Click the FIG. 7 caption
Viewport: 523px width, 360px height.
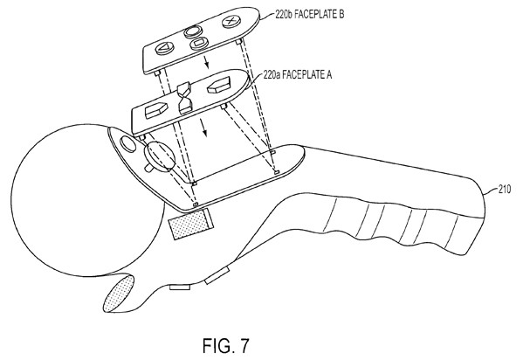pyautogui.click(x=226, y=346)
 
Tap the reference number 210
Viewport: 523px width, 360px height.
pyautogui.click(x=505, y=190)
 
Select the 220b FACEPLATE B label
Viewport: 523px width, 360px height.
pyautogui.click(x=309, y=14)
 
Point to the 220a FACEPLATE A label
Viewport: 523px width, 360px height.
pyautogui.click(x=298, y=74)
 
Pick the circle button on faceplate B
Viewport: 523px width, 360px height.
pyautogui.click(x=192, y=32)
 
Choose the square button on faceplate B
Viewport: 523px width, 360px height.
pyautogui.click(x=199, y=43)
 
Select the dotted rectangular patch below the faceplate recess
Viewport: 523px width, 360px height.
pyautogui.click(x=191, y=224)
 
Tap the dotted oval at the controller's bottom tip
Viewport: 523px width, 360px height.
pyautogui.click(x=119, y=294)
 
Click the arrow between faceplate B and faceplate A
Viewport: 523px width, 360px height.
pyautogui.click(x=207, y=62)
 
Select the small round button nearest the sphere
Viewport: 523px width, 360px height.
pyautogui.click(x=127, y=144)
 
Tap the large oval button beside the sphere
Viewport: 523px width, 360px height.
pyautogui.click(x=160, y=156)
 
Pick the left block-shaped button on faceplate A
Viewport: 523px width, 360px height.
pyautogui.click(x=156, y=110)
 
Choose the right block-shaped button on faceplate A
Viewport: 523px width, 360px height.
pyautogui.click(x=219, y=85)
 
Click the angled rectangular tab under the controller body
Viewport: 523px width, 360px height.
pyautogui.click(x=217, y=275)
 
